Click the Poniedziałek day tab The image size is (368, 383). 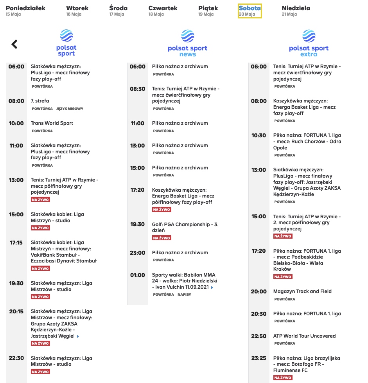click(x=25, y=11)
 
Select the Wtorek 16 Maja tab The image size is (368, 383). click(x=77, y=11)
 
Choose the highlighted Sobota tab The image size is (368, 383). click(x=250, y=11)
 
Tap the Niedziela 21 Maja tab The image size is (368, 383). click(x=296, y=11)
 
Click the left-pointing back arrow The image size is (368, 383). click(x=14, y=44)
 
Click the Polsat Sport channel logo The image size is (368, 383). click(x=66, y=43)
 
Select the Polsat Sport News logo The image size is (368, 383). click(x=187, y=43)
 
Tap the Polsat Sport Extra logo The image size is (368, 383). click(x=309, y=43)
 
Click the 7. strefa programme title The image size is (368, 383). click(x=40, y=101)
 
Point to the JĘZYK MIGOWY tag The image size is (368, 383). click(x=70, y=109)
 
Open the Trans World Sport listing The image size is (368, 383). click(x=52, y=123)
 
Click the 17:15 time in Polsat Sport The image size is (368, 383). click(x=16, y=243)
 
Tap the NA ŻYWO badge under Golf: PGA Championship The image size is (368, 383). click(x=162, y=238)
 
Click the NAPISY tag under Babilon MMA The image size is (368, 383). click(x=184, y=295)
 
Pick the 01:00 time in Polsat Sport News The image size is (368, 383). click(x=137, y=275)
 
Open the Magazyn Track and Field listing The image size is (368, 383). click(x=302, y=291)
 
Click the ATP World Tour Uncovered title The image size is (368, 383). click(x=304, y=336)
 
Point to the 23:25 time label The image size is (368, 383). click(x=258, y=358)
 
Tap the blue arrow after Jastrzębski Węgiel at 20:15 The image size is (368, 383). click(x=78, y=336)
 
